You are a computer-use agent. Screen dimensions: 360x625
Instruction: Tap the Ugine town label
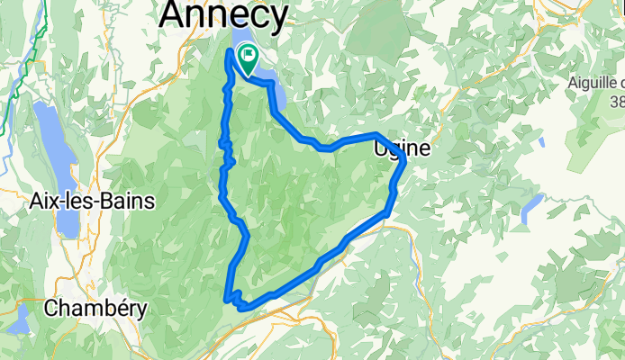point(402,146)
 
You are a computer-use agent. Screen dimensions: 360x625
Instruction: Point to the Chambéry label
point(95,308)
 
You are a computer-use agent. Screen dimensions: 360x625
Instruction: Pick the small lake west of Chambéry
point(20,317)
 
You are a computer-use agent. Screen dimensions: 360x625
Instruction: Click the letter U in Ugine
point(380,146)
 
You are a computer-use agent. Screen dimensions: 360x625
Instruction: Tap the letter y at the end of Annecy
point(278,18)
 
